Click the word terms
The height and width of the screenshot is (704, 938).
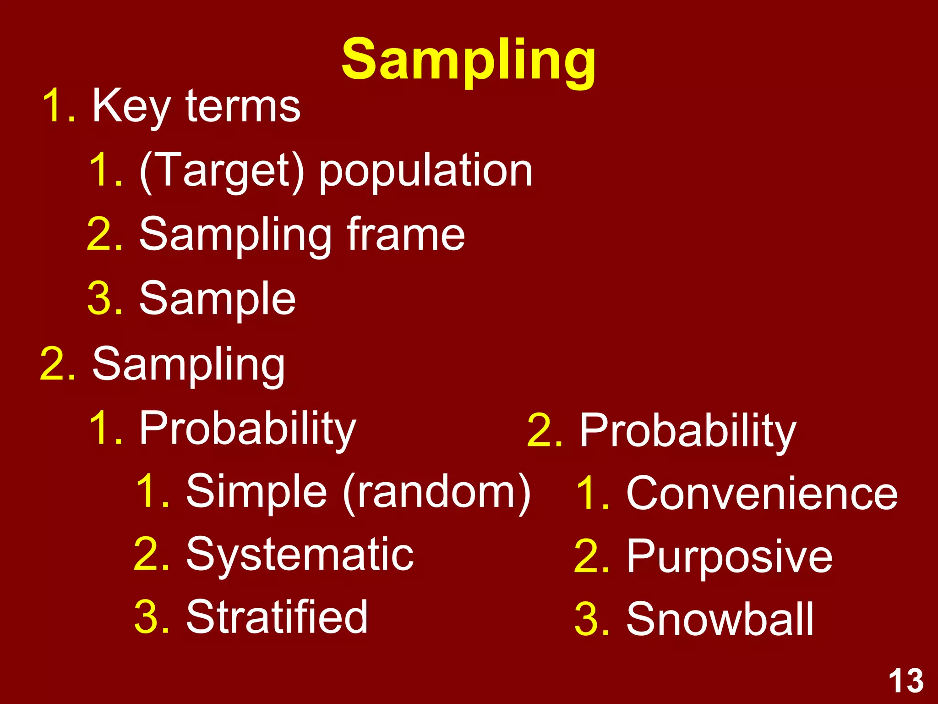tap(243, 106)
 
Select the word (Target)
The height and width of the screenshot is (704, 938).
tap(222, 170)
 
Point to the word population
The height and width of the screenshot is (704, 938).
tap(425, 171)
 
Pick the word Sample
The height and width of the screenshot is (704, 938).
tap(218, 299)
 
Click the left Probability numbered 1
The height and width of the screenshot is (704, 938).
tap(247, 429)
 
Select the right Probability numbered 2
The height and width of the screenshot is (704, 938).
tap(687, 431)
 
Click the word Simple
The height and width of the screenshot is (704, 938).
tap(256, 492)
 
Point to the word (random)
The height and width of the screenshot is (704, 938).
tap(437, 492)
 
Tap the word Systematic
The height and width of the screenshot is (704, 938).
tap(300, 555)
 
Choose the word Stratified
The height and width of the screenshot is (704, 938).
tap(277, 617)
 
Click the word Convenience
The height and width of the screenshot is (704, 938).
tap(762, 494)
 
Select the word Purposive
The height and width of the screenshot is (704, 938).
tap(729, 557)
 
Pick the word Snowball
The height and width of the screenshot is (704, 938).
tap(720, 620)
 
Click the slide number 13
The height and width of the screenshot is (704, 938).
tap(906, 681)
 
